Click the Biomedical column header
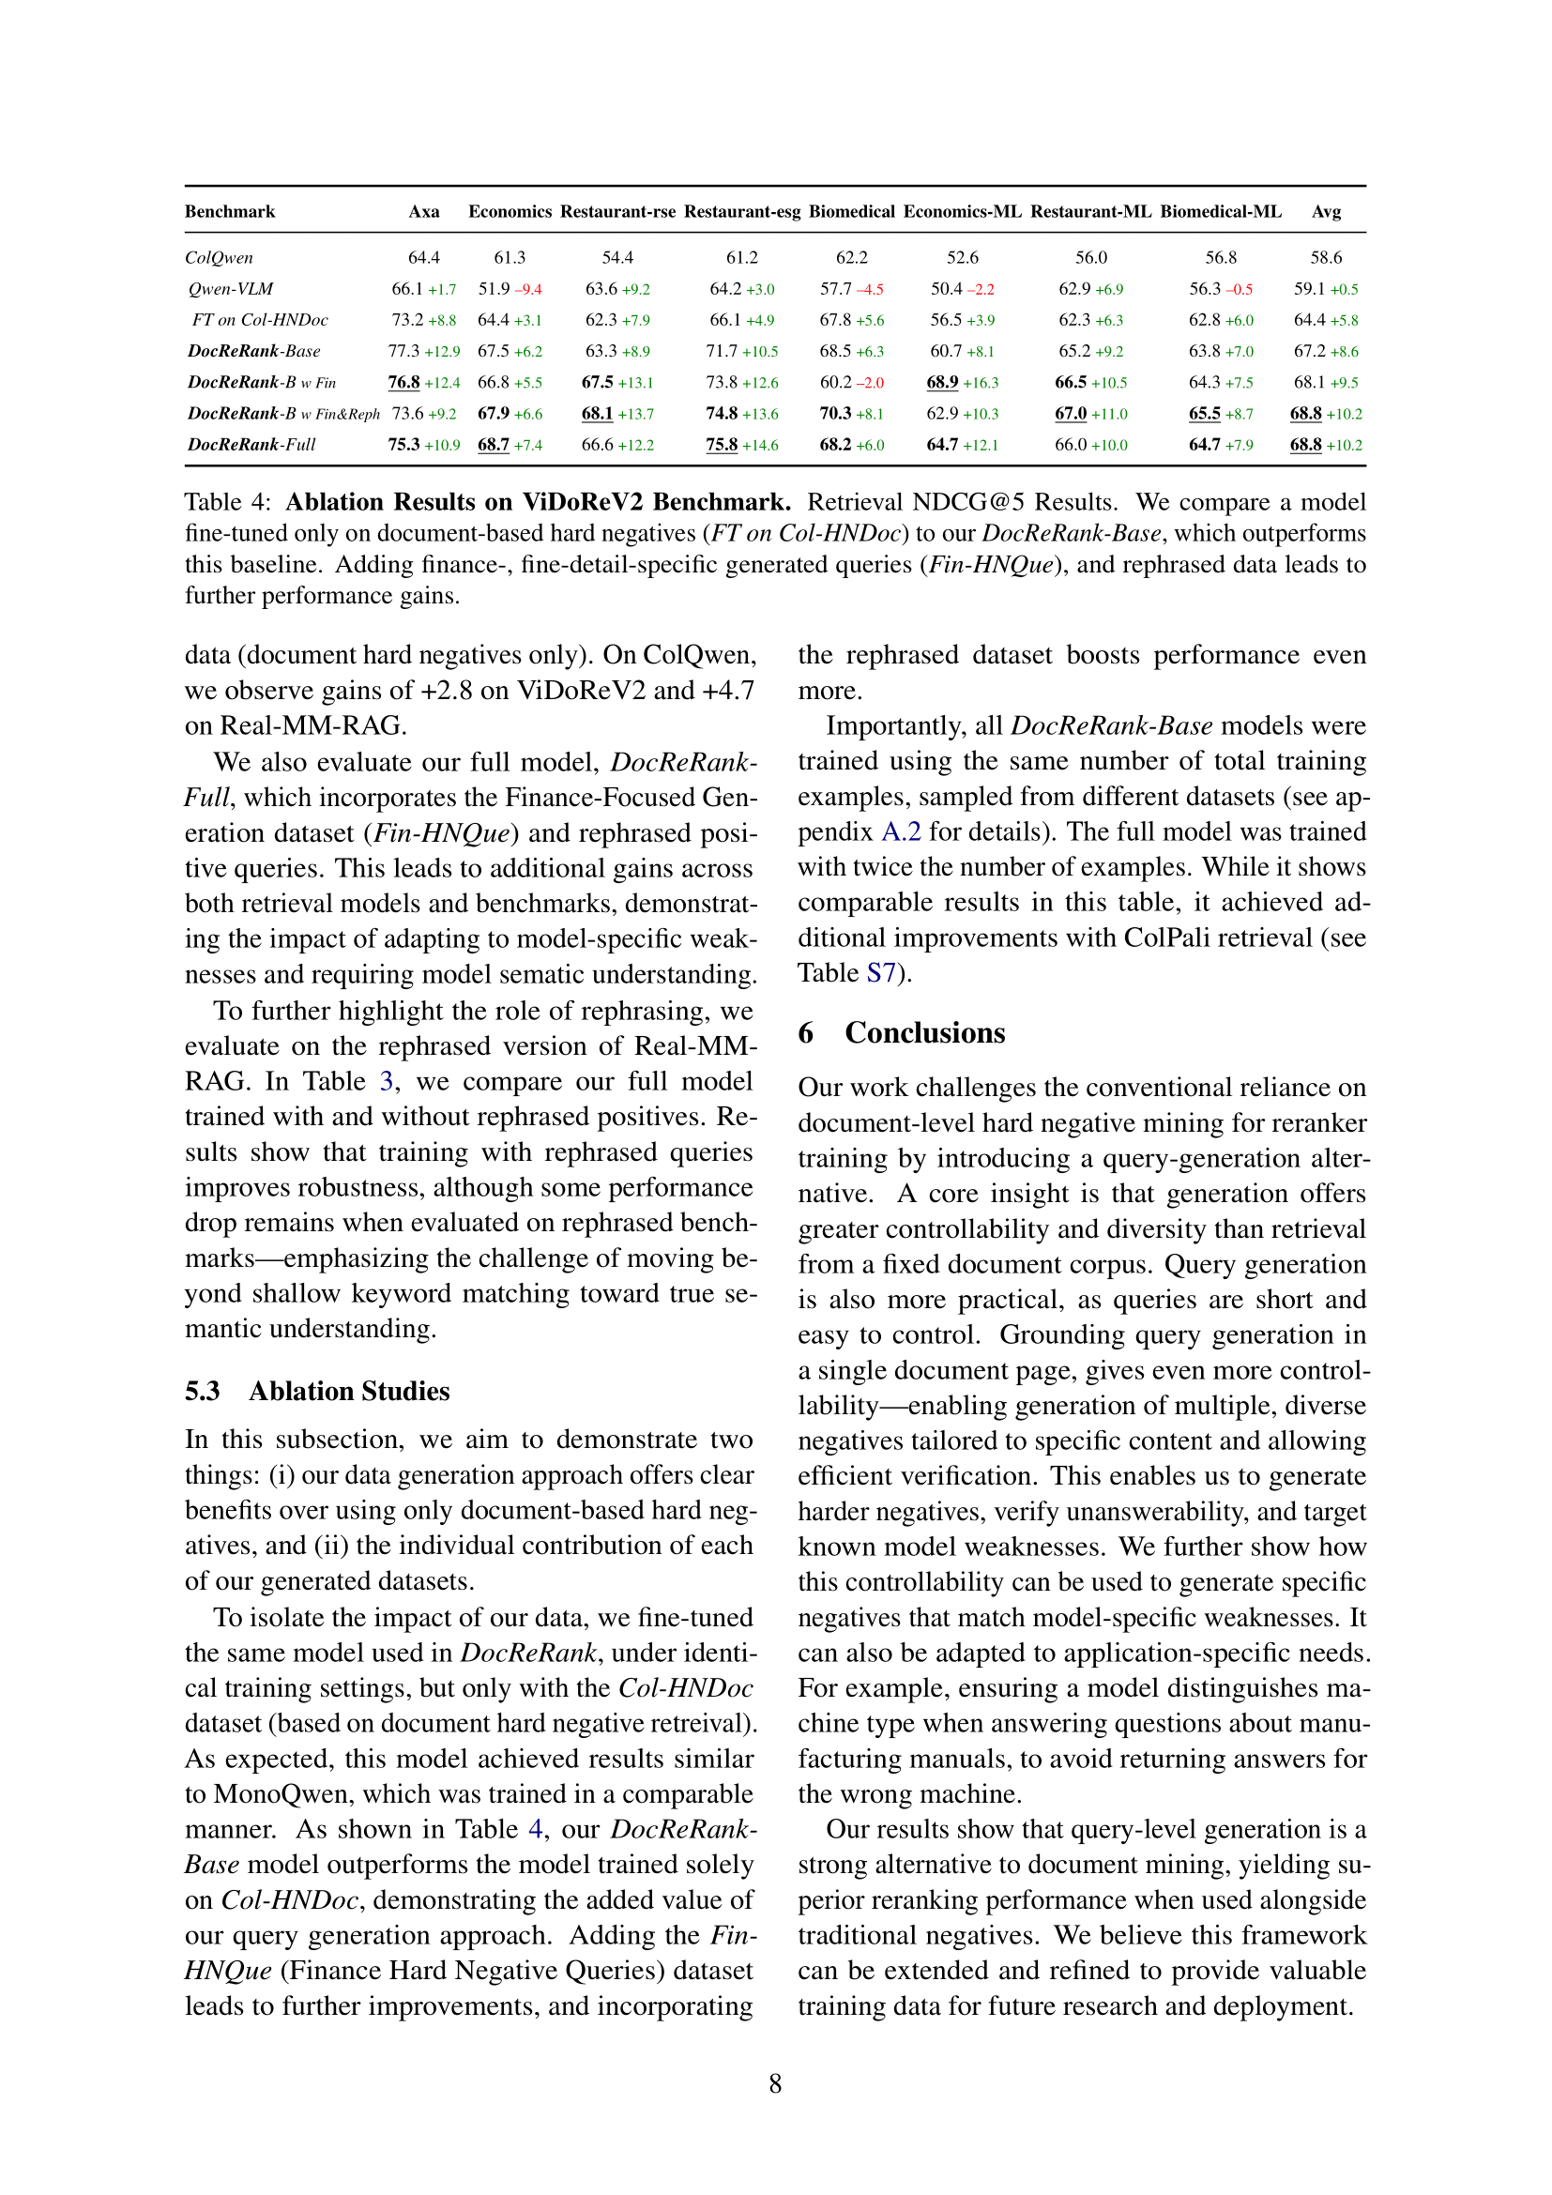(850, 211)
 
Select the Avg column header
(1326, 211)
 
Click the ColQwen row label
(219, 258)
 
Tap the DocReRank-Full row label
(251, 445)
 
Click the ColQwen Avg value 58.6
(1326, 258)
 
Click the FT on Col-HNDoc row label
(259, 320)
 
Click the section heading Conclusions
(924, 1032)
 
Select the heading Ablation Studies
(349, 1391)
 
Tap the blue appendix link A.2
(900, 831)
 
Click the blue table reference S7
(881, 973)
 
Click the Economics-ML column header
(962, 211)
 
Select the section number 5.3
(203, 1391)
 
